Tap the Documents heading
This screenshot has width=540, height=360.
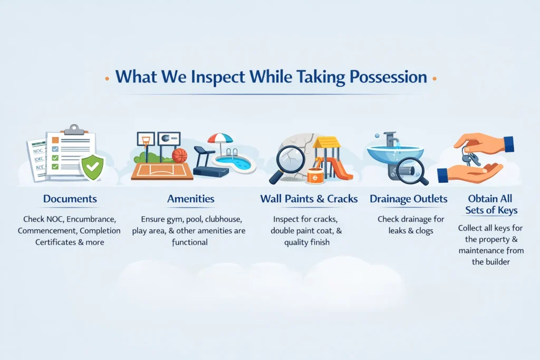[x=70, y=199]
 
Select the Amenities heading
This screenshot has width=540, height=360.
[x=191, y=199]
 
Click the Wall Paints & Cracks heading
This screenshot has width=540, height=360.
[x=309, y=199]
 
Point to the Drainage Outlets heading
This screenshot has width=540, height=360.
[x=409, y=199]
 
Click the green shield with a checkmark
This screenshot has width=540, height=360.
[x=92, y=168]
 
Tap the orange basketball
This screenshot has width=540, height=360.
[x=179, y=155]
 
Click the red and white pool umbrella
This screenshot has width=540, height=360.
[x=220, y=139]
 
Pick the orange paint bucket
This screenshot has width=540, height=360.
[x=316, y=174]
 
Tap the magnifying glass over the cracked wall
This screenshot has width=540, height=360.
[x=288, y=161]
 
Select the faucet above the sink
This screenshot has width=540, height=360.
[x=391, y=140]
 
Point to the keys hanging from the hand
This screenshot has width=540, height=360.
[x=469, y=155]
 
